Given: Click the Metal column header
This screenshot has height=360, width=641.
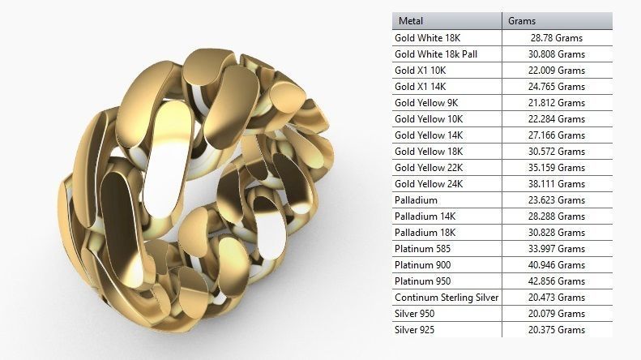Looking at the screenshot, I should click(412, 21).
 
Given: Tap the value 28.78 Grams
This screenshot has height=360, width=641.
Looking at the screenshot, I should click(557, 38).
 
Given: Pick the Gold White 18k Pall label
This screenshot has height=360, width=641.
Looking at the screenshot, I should click(437, 54).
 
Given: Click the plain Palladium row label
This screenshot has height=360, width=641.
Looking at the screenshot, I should click(416, 200).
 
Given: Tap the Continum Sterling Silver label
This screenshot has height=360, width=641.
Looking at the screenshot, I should click(447, 298).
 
